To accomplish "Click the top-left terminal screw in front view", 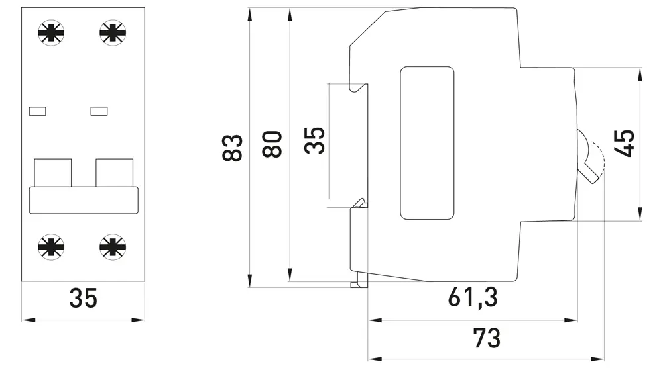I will [52, 32].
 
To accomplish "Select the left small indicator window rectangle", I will [38, 111].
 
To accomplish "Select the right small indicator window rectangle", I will [99, 111].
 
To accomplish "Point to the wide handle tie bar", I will [83, 200].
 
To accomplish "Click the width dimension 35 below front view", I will [84, 299].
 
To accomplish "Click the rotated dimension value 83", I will [233, 148].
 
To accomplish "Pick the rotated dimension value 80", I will [272, 144].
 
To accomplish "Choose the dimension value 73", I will [487, 338].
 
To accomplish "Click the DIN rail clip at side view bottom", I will [359, 279].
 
